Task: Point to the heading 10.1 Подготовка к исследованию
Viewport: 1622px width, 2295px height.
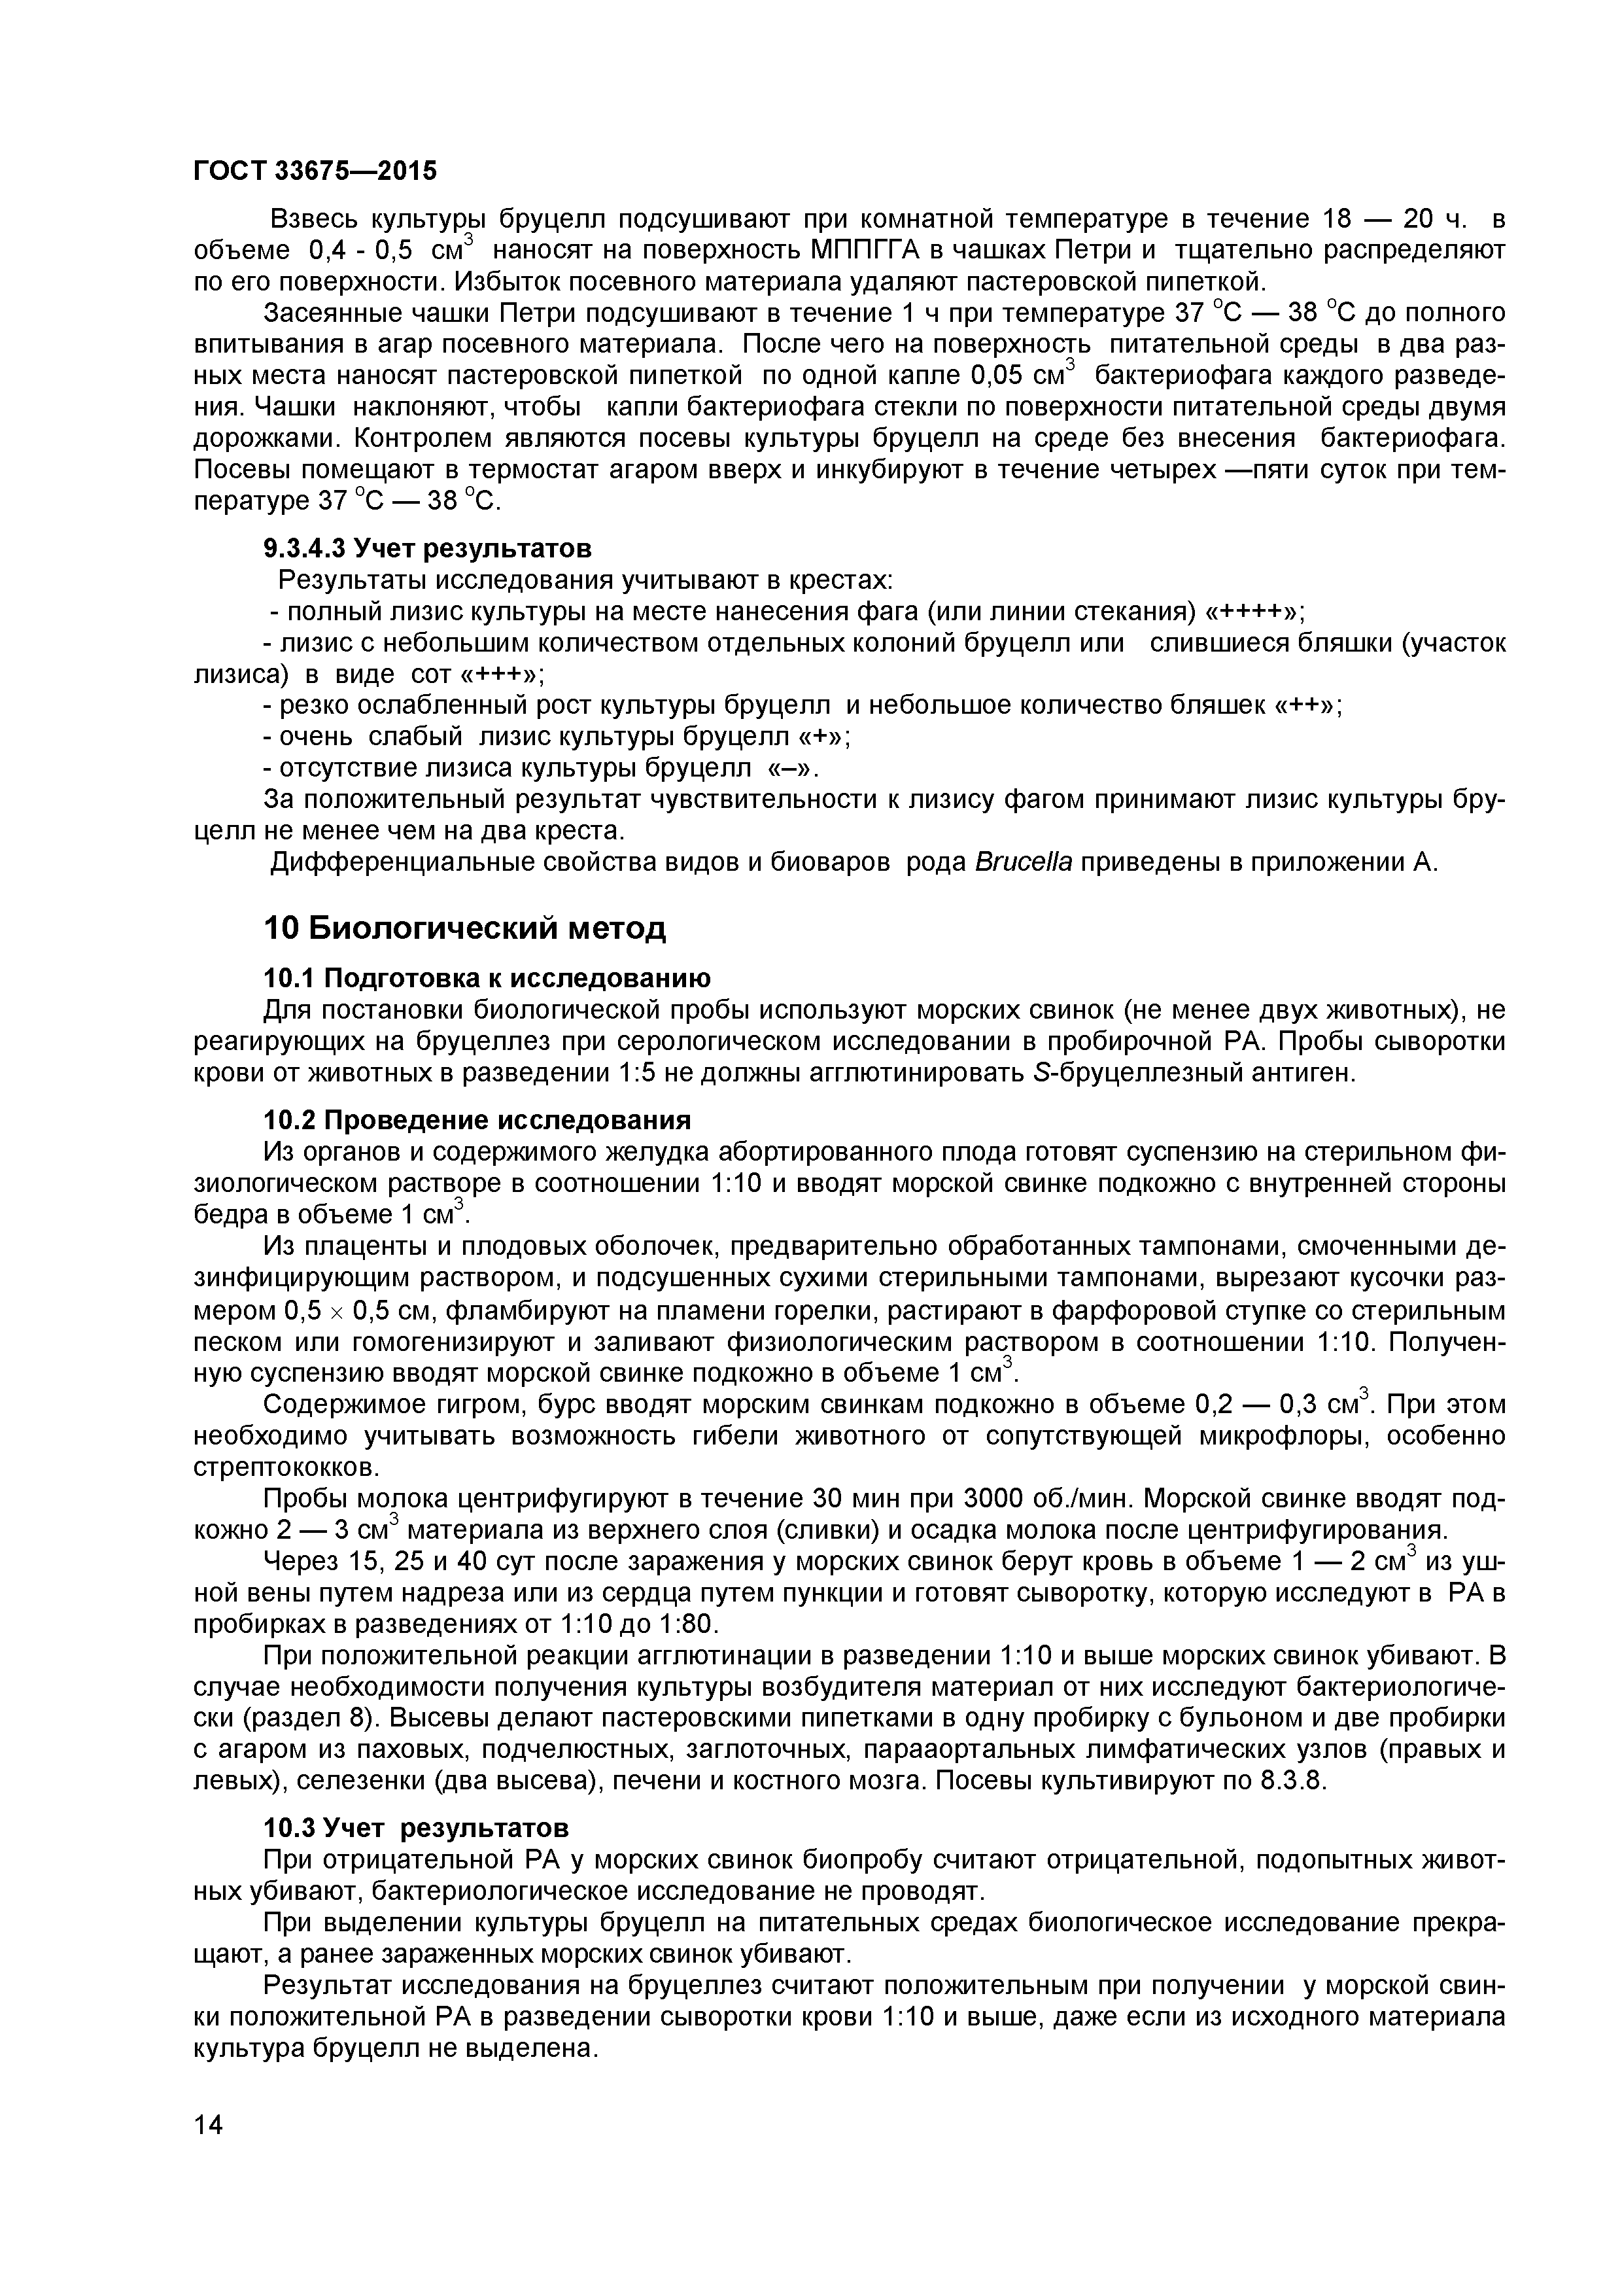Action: click(487, 977)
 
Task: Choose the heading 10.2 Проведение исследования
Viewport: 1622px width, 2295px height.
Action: click(477, 1119)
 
